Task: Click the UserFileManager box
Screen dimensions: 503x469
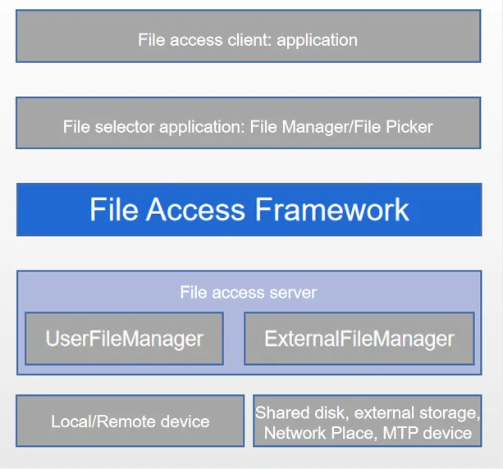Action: (x=124, y=339)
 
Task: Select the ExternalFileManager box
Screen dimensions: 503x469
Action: (x=359, y=339)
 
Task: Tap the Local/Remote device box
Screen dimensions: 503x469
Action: (x=130, y=421)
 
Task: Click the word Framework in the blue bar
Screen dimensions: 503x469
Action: (x=332, y=209)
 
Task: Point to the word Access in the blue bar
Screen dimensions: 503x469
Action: (x=195, y=209)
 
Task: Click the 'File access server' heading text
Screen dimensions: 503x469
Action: (x=249, y=293)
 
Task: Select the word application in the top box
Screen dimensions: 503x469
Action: (x=317, y=41)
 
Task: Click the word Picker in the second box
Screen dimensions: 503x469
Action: (x=409, y=126)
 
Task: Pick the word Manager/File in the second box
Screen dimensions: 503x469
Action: (x=332, y=126)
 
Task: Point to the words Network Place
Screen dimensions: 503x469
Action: (x=318, y=433)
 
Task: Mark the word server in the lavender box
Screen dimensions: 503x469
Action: (x=293, y=293)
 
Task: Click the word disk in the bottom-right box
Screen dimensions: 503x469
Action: (x=332, y=412)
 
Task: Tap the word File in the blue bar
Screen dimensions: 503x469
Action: (x=114, y=209)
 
